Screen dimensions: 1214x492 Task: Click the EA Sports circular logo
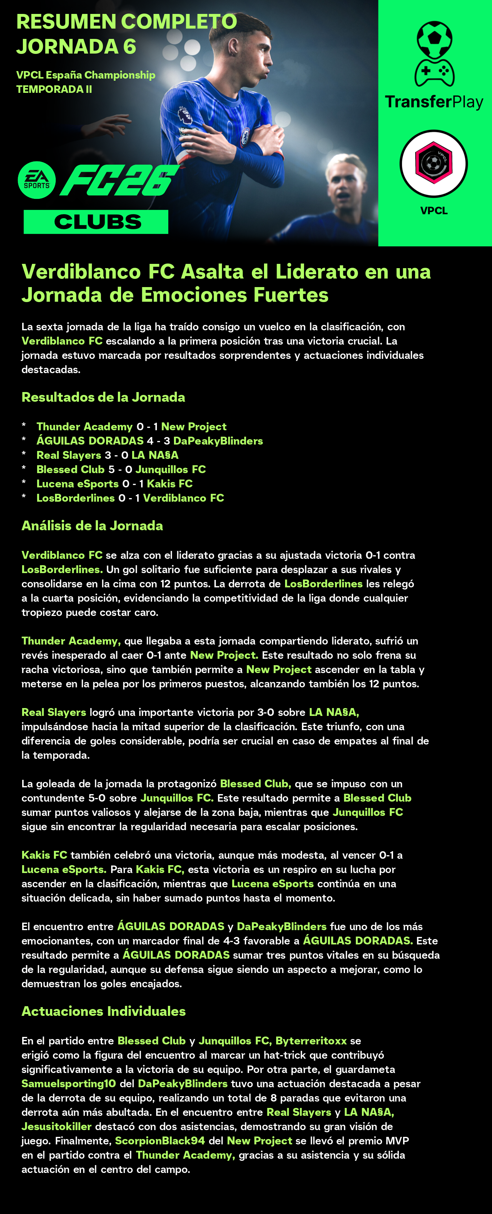37,180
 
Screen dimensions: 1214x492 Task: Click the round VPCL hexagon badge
433,164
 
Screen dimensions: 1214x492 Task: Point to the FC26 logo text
119,180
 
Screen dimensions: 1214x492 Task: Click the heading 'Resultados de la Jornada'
103,397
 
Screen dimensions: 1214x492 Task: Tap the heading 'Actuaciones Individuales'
103,1011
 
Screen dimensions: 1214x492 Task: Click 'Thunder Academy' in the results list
84,426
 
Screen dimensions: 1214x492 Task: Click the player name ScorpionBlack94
160,1141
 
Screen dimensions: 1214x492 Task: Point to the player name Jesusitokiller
56,1127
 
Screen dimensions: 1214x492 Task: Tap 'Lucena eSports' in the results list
78,483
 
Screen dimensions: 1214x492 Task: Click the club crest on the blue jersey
246,136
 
